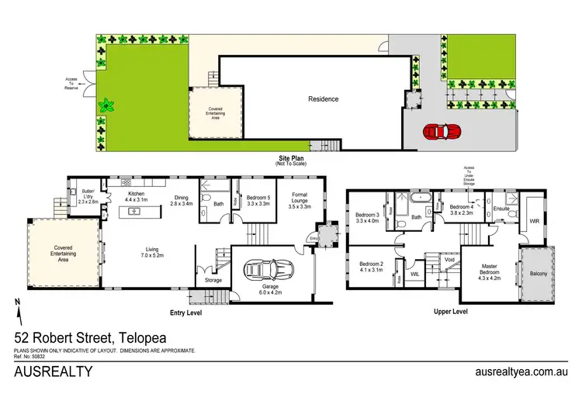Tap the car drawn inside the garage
pyautogui.click(x=266, y=271)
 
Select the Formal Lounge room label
pyautogui.click(x=300, y=202)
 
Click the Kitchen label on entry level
pyautogui.click(x=137, y=197)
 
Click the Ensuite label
pyautogui.click(x=501, y=208)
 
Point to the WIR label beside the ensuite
pyautogui.click(x=535, y=221)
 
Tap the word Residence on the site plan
pyautogui.click(x=323, y=99)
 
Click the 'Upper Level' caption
pyautogui.click(x=450, y=312)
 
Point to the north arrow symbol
pyautogui.click(x=17, y=309)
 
